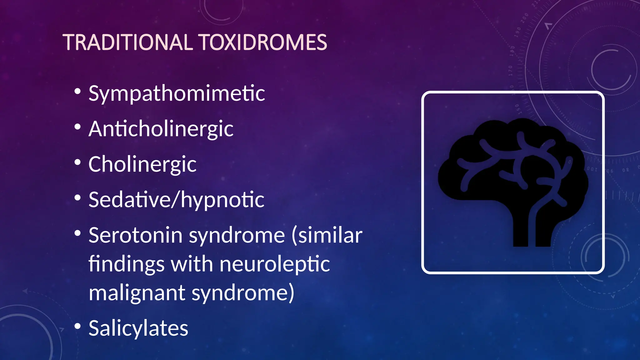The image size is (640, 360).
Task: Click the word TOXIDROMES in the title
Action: click(262, 42)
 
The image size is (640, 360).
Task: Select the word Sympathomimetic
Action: click(177, 93)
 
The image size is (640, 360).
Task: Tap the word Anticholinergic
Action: click(161, 129)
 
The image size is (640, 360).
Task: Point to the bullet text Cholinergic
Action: click(142, 164)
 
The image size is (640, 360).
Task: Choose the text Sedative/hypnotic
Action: click(176, 200)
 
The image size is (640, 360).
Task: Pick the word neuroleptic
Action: click(274, 264)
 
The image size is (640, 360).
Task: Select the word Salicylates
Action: click(138, 328)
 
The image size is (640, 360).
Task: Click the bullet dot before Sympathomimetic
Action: click(78, 92)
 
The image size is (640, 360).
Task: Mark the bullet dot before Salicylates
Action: click(78, 326)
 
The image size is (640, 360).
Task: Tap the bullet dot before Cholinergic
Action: click(78, 162)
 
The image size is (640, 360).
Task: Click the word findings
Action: click(126, 264)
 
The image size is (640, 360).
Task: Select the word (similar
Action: click(327, 235)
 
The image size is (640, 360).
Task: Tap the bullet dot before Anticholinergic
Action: click(78, 127)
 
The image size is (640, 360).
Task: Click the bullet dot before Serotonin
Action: click(78, 233)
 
